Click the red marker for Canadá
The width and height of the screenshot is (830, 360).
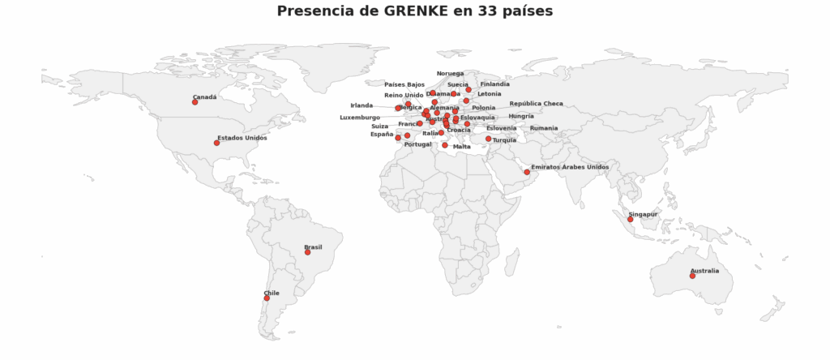[x=195, y=102]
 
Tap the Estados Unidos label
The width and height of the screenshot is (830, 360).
[x=242, y=138]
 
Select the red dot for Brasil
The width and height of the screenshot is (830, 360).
[x=307, y=252]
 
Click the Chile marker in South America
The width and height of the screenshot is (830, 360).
[x=267, y=298]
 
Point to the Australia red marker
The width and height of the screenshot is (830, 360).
[x=692, y=276]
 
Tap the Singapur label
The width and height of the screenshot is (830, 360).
[x=643, y=214]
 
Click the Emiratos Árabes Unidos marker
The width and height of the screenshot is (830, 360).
[x=527, y=173]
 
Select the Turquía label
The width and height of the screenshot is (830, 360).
[x=504, y=140]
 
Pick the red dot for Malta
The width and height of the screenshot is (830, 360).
[x=445, y=145]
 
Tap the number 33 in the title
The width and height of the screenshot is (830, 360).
[x=490, y=11]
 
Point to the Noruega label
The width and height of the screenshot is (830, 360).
[x=450, y=74]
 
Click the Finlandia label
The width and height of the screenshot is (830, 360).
[x=494, y=84]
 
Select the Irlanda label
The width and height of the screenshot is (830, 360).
[x=362, y=105]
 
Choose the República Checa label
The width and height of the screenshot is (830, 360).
[x=536, y=104]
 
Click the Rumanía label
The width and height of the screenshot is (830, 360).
[x=544, y=128]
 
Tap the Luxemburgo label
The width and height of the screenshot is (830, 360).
[x=359, y=118]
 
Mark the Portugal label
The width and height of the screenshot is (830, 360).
[x=417, y=144]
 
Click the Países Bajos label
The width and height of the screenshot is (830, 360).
[x=404, y=84]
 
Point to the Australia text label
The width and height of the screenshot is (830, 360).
[x=704, y=271]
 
